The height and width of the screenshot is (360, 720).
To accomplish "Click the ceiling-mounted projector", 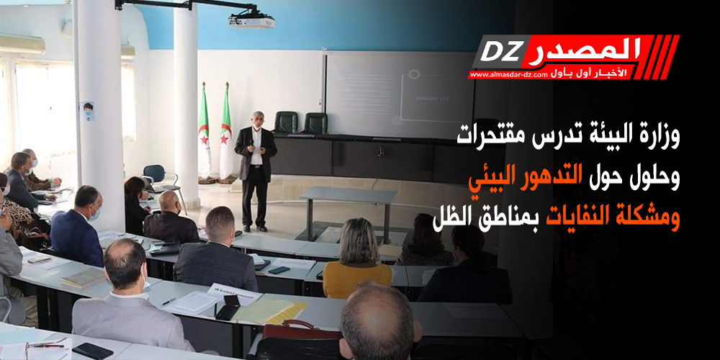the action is [x=251, y=21].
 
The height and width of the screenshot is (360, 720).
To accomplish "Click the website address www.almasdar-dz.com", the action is [x=508, y=74].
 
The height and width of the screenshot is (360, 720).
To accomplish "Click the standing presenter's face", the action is [x=256, y=120].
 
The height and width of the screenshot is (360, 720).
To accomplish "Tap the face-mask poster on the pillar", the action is [x=87, y=111].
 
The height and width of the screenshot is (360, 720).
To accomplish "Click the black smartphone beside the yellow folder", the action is [x=229, y=307].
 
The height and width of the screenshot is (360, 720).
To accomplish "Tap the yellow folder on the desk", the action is [x=269, y=311].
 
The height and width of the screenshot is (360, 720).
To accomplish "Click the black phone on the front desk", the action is [x=93, y=351].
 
